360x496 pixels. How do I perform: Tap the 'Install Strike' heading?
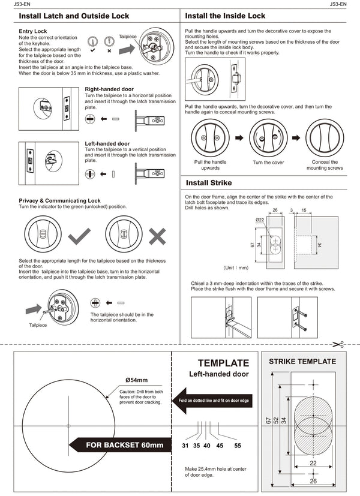209,182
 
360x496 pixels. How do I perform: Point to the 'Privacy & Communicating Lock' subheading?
59,200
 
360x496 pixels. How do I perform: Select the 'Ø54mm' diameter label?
136,380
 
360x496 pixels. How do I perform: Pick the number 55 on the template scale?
238,446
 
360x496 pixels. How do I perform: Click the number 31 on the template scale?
185,446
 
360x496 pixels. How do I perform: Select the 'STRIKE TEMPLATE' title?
302,361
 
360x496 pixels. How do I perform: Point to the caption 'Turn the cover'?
268,163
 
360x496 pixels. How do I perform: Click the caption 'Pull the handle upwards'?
211,165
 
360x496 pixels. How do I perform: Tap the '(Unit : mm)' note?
236,267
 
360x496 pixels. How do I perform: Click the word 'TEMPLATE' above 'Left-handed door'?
223,363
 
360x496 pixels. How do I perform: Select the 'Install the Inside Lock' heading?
226,16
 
